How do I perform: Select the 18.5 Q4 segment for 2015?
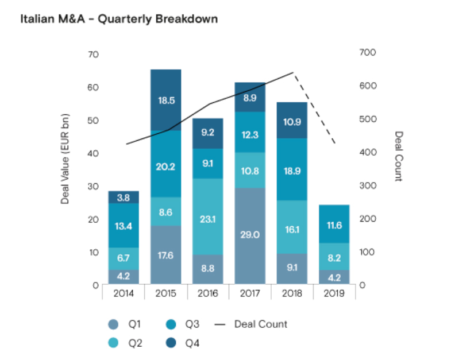pyautogui.click(x=165, y=100)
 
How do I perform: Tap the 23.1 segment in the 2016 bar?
pyautogui.click(x=207, y=216)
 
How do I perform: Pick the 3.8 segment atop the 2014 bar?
pyautogui.click(x=124, y=197)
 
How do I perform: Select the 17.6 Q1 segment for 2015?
pyautogui.click(x=165, y=255)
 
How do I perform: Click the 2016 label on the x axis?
pyautogui.click(x=207, y=293)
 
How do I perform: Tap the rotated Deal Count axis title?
pyautogui.click(x=397, y=156)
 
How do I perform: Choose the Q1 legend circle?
pyautogui.click(x=113, y=324)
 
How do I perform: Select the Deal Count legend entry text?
pyautogui.click(x=260, y=324)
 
